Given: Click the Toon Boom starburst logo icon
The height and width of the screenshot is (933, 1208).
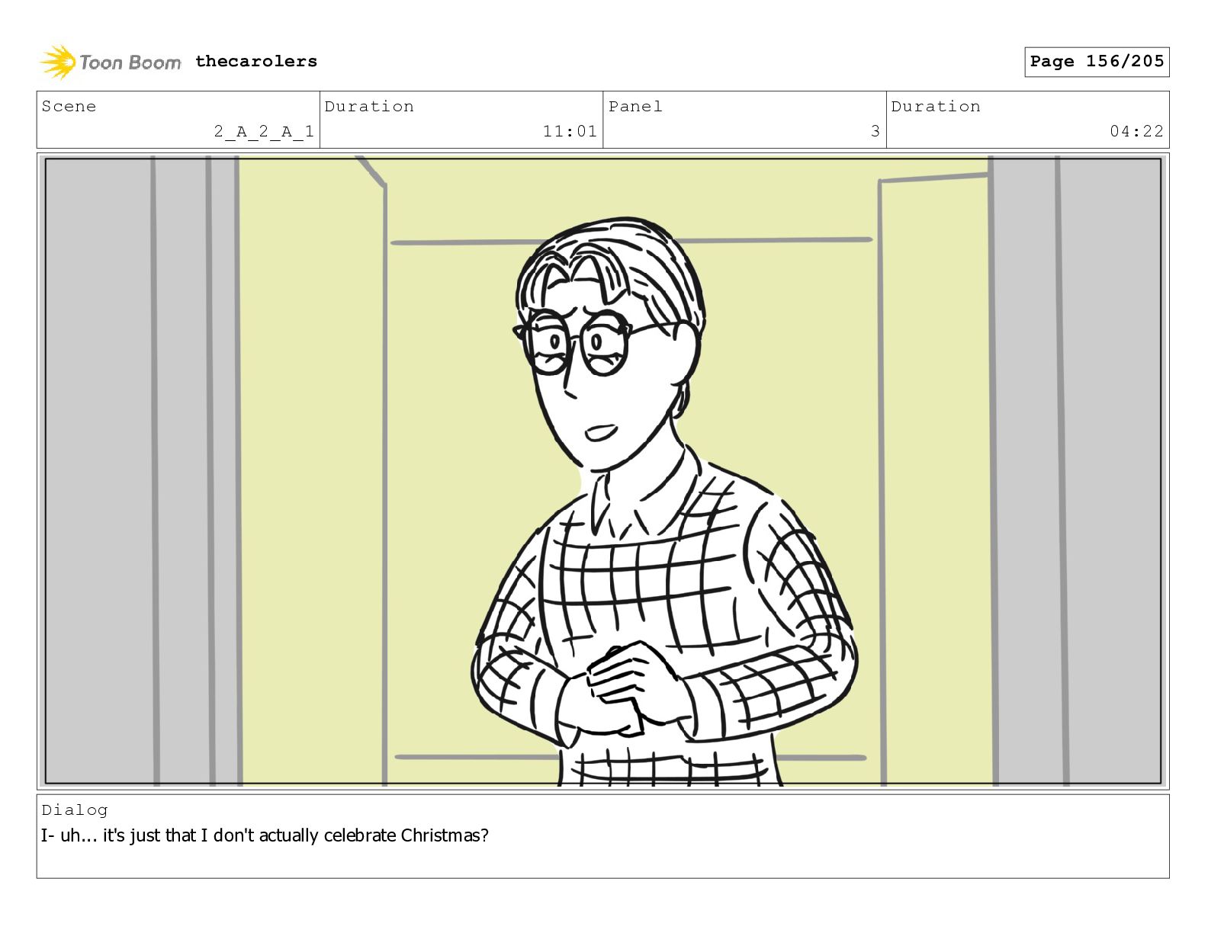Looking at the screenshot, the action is [58, 62].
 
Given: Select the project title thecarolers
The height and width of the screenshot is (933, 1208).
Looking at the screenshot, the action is [256, 61].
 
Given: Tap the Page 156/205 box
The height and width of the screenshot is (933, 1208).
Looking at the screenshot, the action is [1096, 62].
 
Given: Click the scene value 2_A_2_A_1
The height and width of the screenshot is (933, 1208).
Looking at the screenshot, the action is [264, 131].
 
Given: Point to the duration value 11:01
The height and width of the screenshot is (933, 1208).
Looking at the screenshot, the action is [570, 131].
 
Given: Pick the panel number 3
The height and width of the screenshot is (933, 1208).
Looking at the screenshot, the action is [875, 131].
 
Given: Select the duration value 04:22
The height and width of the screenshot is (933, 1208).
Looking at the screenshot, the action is [1136, 131].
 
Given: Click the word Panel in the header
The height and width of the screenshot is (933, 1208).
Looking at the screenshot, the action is [635, 106].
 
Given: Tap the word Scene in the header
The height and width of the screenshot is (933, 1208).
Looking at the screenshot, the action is [69, 106].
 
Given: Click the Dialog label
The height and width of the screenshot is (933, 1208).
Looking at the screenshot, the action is [75, 811].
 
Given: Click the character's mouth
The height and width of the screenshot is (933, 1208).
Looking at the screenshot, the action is [600, 431].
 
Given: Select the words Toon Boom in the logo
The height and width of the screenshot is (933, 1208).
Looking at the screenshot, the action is [130, 63].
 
